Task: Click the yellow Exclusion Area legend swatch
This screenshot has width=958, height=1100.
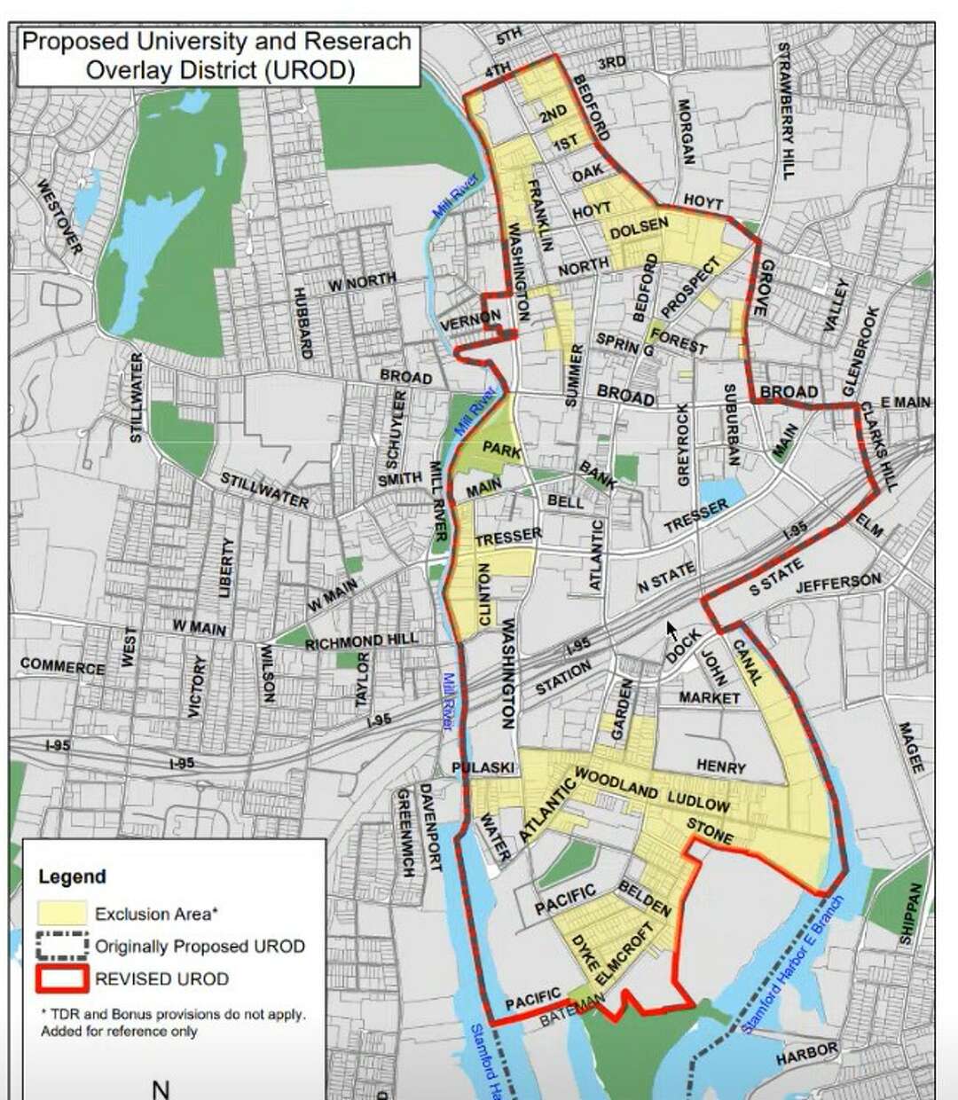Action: click(62, 914)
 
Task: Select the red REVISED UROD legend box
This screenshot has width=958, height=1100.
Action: click(62, 978)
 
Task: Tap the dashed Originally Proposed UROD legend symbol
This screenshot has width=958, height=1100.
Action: click(62, 946)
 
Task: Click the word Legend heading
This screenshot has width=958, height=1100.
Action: click(72, 876)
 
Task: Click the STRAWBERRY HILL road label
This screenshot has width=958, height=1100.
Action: click(783, 110)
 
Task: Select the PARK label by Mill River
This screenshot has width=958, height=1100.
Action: click(501, 450)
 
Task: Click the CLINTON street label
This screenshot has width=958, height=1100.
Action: click(484, 595)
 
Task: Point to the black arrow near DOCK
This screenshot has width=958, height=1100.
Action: click(671, 631)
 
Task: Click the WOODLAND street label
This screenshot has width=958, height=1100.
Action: click(616, 783)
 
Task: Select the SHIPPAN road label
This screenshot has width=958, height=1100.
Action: click(917, 914)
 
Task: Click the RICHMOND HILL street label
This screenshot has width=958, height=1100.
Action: click(361, 641)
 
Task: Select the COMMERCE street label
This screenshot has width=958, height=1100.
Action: click(62, 664)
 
